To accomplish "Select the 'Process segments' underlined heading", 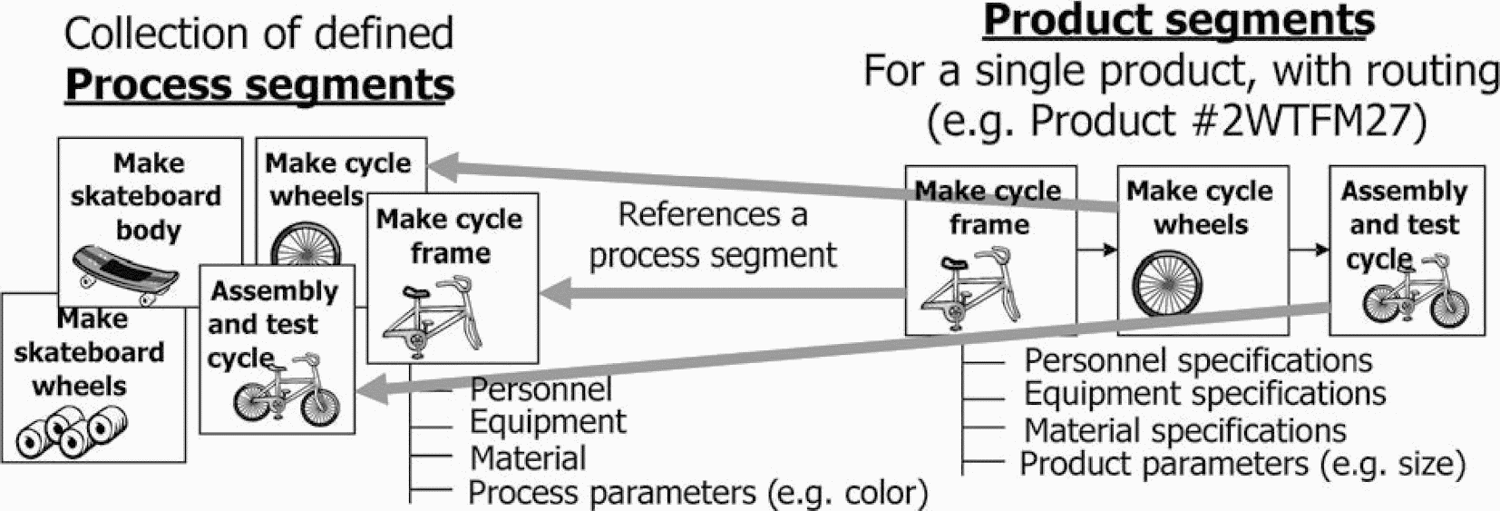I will tap(259, 84).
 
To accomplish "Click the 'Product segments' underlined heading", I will tap(1179, 20).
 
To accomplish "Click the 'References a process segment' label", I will tap(713, 235).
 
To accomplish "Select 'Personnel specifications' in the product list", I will tap(1197, 360).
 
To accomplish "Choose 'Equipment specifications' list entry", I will tap(1204, 394).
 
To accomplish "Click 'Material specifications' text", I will tap(1184, 429).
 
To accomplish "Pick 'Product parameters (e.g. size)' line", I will tap(1242, 464).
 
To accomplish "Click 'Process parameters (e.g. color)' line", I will tap(697, 493).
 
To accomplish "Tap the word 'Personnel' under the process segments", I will tap(541, 389).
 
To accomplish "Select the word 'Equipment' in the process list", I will tap(547, 422).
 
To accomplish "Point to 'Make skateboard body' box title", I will tap(147, 196).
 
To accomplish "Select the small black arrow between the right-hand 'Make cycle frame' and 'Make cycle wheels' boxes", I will tap(1097, 250).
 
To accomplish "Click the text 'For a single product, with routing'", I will tap(1181, 71).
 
